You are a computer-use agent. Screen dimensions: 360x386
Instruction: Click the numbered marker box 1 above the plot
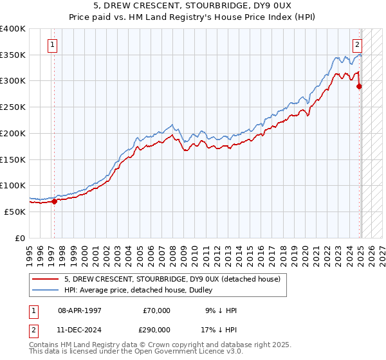(51, 45)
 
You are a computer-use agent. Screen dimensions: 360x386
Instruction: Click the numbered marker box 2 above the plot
(357, 45)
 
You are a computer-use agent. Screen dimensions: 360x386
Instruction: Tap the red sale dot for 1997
(54, 201)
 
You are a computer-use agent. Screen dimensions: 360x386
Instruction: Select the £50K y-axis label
(15, 212)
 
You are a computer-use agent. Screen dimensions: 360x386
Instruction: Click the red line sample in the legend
(46, 280)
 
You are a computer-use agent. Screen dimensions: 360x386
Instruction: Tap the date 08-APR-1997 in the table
(80, 310)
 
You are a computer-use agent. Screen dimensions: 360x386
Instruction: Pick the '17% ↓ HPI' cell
(219, 328)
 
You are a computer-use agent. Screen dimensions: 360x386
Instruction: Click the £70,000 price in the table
(157, 310)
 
